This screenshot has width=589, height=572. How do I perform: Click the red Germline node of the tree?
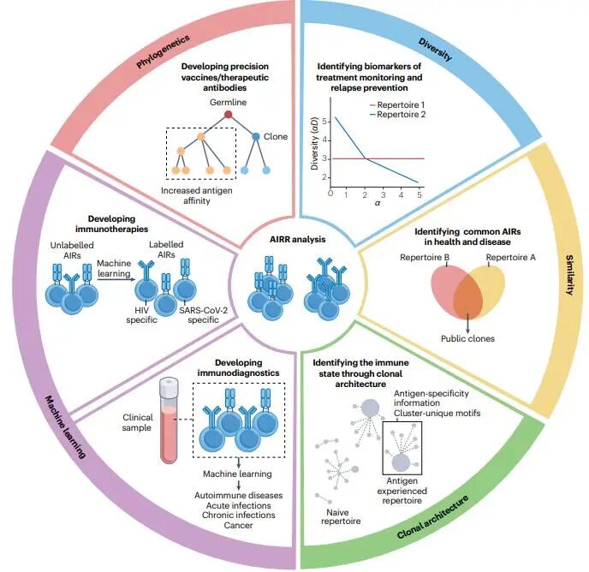coord(229,114)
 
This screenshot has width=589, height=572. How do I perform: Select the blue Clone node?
coord(256,136)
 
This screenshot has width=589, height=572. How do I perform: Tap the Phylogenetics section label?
coord(164,53)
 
